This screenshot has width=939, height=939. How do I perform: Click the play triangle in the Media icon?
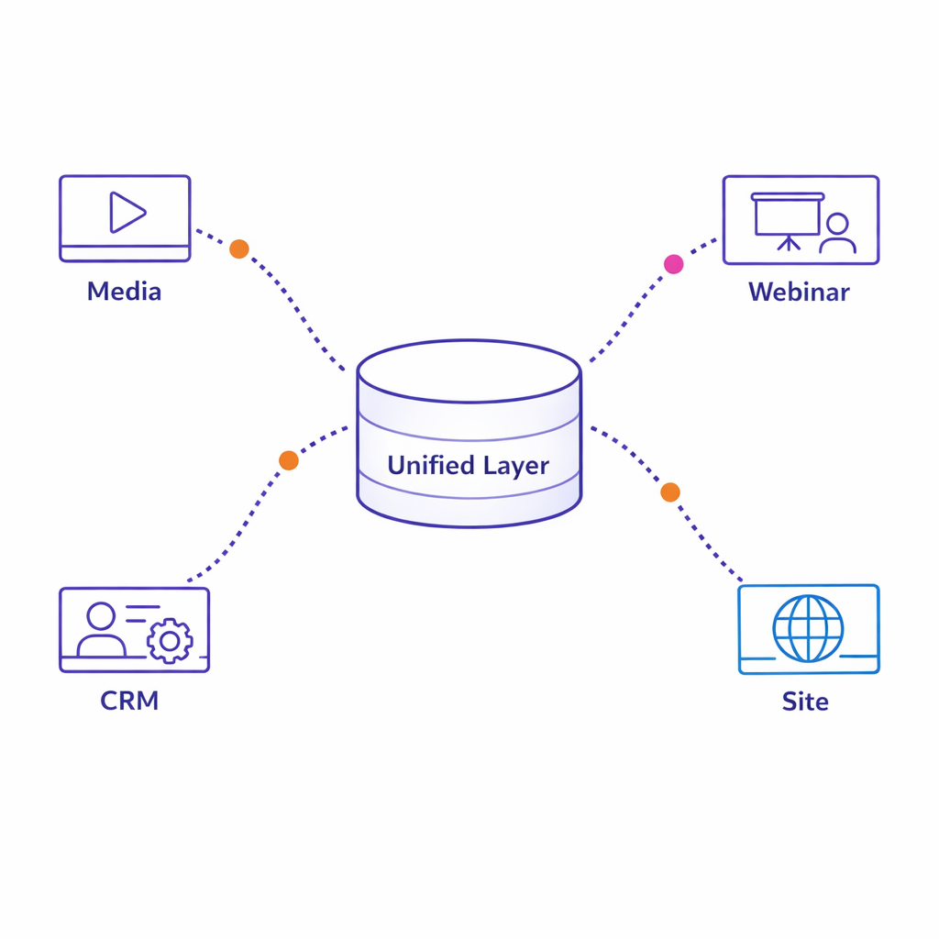click(x=127, y=212)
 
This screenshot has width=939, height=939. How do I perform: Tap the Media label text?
click(x=124, y=292)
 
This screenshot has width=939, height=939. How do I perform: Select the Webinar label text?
click(x=799, y=292)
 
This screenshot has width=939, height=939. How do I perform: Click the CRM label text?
click(x=129, y=701)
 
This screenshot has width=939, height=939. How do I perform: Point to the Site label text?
click(x=805, y=701)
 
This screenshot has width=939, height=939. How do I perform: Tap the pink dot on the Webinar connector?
click(x=674, y=264)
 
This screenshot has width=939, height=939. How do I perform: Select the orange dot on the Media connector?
click(x=238, y=249)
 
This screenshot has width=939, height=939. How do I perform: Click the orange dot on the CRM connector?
click(x=289, y=460)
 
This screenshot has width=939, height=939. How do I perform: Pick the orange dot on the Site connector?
click(x=670, y=492)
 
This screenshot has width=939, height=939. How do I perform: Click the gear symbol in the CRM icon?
click(x=170, y=641)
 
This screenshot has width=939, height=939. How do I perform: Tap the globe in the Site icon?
click(x=808, y=628)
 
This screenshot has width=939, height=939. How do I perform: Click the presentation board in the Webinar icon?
click(x=788, y=216)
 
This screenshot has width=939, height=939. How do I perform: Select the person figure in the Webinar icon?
click(x=837, y=235)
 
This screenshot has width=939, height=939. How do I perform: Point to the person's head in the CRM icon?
click(x=101, y=616)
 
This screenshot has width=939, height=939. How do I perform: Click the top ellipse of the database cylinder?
click(x=469, y=371)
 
